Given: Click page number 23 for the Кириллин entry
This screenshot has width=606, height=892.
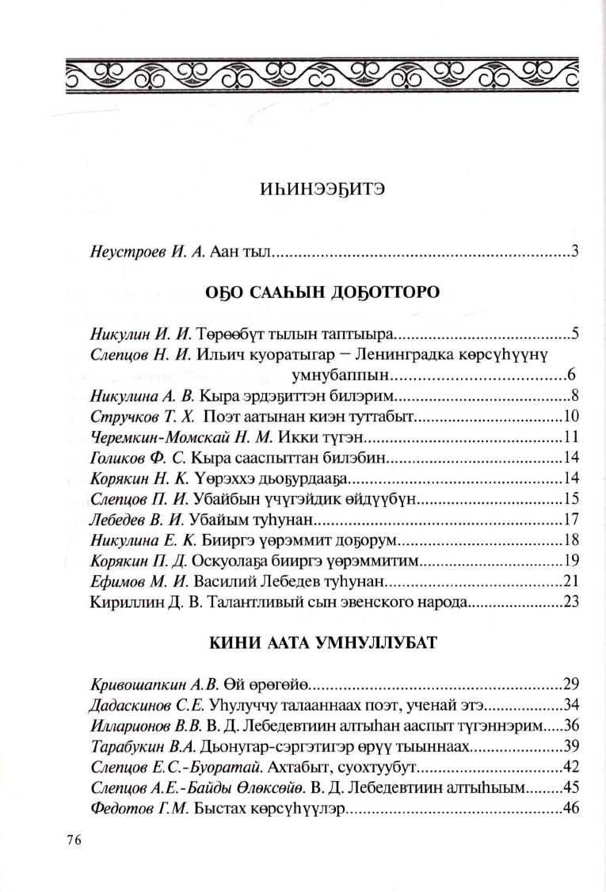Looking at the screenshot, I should point(573,602).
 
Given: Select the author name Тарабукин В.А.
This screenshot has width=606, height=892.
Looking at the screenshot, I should point(132,747).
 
